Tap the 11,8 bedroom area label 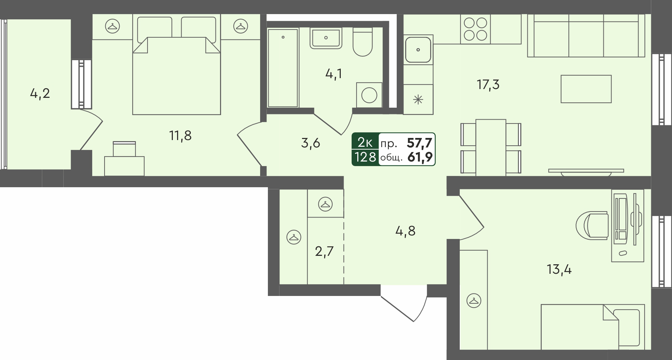click(180, 135)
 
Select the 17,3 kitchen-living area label click(488, 85)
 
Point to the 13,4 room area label click(559, 270)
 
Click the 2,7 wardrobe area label click(324, 252)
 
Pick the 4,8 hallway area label click(406, 231)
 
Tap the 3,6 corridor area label click(310, 143)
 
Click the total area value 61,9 click(420, 157)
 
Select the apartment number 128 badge click(365, 157)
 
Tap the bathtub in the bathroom click(283, 68)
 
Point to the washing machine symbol click(369, 95)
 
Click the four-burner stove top click(475, 29)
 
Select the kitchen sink click(418, 50)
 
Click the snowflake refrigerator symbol click(418, 100)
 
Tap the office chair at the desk click(592, 225)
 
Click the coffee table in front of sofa click(586, 89)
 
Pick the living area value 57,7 click(420, 143)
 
